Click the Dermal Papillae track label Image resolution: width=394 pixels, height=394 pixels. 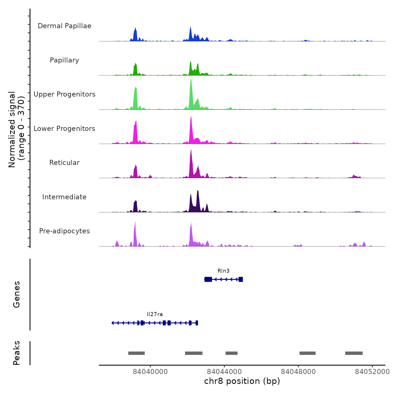click(64, 26)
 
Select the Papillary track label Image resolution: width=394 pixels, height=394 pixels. click(64, 60)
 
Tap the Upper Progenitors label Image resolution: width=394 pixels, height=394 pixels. click(64, 94)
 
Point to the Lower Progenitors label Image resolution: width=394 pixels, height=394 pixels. click(64, 129)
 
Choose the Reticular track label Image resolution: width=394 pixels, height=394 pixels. click(64, 163)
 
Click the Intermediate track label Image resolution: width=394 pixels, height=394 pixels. click(64, 197)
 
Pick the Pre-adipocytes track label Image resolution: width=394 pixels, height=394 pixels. click(64, 231)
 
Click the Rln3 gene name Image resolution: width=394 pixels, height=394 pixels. click(223, 271)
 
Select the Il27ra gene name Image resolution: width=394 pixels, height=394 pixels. click(155, 314)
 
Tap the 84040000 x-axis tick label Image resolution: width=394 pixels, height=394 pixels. click(150, 372)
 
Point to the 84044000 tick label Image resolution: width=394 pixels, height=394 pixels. click(224, 372)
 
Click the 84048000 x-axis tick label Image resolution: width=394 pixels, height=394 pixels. click(298, 372)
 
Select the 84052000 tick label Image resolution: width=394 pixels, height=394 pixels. click(372, 372)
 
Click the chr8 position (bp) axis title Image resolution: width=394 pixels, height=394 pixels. click(242, 381)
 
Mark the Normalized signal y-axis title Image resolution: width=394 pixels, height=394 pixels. click(16, 129)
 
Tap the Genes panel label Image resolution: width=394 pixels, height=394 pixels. click(17, 294)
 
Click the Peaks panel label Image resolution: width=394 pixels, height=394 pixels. click(17, 353)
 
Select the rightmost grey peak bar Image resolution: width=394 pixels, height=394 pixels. click(354, 353)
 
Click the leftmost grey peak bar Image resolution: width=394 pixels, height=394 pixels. click(136, 353)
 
